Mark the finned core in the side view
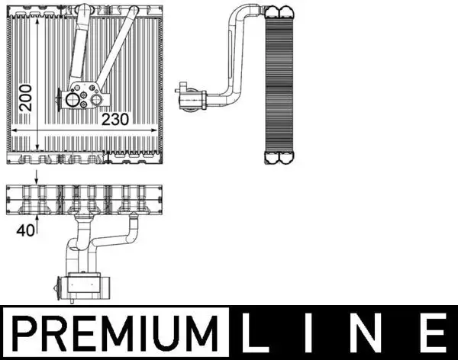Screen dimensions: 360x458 [278, 84]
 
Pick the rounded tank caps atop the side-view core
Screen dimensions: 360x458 [277, 11]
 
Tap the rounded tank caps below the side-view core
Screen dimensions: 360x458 [277, 158]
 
